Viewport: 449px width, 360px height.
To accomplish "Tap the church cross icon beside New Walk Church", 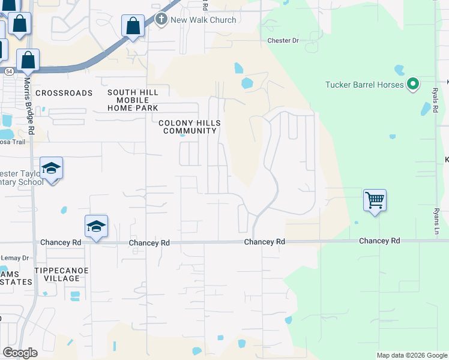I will click(161, 20).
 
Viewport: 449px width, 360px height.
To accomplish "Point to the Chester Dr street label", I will click(283, 41).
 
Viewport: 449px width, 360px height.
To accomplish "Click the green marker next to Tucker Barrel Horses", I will click(412, 85).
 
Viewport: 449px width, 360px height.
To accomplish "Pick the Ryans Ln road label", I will click(436, 221).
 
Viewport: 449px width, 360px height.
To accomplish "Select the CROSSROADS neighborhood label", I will click(64, 93).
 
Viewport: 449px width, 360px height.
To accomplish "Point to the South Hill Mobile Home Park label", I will click(133, 100).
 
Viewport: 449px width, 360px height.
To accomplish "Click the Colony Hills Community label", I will click(190, 127).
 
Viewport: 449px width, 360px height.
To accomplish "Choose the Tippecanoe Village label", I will click(62, 274).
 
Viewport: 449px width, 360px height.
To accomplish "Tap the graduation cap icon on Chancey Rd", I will click(96, 226).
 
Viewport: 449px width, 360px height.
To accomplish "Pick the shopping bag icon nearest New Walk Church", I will click(133, 26).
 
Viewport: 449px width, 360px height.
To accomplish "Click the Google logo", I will click(20, 353).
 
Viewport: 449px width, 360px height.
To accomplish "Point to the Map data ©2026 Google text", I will click(412, 355).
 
